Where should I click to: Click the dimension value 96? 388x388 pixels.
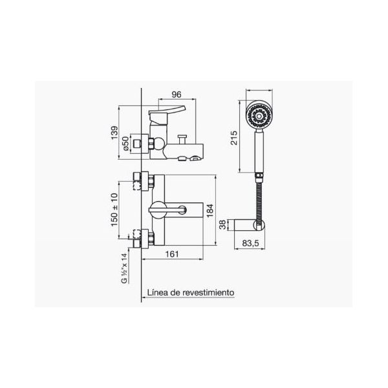[177, 94]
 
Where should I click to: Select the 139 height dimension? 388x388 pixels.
[114, 133]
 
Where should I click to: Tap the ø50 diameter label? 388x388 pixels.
[126, 144]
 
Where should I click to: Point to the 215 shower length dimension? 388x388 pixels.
[233, 138]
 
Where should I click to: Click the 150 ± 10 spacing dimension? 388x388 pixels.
[114, 210]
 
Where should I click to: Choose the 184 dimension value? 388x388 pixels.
[210, 210]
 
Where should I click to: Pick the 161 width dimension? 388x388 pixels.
[172, 254]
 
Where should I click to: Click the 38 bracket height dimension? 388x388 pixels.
[223, 224]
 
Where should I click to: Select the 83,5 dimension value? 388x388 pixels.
[250, 243]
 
